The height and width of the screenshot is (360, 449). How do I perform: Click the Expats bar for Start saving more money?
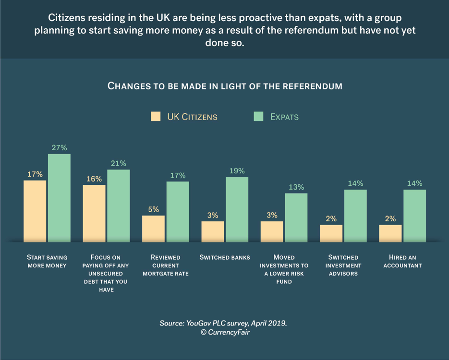(x=59, y=197)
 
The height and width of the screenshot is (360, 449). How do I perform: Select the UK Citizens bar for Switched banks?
(x=213, y=231)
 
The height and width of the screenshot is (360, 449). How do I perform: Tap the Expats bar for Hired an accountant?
(x=414, y=215)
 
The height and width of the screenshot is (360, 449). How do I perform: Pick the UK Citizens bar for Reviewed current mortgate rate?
(x=153, y=228)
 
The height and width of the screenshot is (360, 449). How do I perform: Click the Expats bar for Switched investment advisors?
(x=355, y=215)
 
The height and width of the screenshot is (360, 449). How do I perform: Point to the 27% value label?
(x=60, y=147)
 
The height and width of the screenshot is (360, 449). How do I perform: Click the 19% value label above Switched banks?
(x=237, y=171)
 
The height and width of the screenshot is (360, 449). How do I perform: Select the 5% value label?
(x=153, y=209)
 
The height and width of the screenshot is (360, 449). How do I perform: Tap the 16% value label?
(x=94, y=179)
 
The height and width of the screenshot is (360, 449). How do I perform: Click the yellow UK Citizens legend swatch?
(x=156, y=117)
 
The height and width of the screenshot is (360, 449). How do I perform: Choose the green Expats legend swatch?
(x=259, y=117)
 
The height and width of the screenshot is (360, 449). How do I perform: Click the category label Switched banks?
(x=225, y=258)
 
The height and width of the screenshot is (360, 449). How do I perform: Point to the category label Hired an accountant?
(x=402, y=262)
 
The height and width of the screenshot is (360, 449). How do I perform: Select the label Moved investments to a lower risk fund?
(x=284, y=269)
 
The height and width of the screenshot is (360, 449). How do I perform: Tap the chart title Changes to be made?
(x=225, y=86)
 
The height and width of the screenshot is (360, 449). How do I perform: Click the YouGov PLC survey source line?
(x=223, y=324)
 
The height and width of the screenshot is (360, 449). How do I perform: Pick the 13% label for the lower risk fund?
(x=296, y=187)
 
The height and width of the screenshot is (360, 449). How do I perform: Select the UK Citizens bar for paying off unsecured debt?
(x=94, y=213)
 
